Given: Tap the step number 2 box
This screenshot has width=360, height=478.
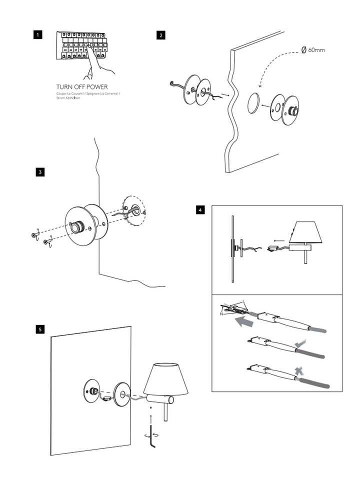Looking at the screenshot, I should [x=160, y=35].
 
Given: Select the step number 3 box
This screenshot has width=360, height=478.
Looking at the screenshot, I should [x=40, y=172].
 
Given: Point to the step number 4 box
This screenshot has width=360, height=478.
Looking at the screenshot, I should [x=200, y=210].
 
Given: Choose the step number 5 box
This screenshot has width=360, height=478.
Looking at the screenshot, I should [x=40, y=329].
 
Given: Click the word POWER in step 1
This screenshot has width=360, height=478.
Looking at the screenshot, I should [x=95, y=87].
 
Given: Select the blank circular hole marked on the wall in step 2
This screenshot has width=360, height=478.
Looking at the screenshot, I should [x=254, y=103].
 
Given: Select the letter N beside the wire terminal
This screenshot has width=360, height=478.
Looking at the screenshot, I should [x=220, y=314].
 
